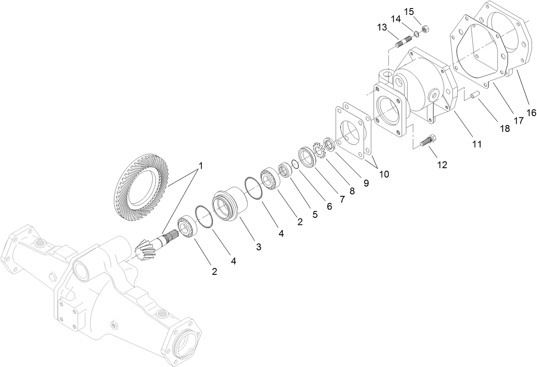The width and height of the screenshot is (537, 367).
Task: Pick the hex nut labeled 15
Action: tap(425, 29)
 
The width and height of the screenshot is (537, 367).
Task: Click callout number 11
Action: tap(477, 144)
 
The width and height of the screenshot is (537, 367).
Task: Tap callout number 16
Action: tap(531, 113)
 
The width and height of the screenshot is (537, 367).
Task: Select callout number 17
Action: tap(519, 121)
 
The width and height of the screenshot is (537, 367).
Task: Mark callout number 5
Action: tap(315, 214)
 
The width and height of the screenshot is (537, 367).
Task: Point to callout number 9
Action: tap(366, 183)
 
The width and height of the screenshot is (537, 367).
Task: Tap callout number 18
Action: tap(505, 128)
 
